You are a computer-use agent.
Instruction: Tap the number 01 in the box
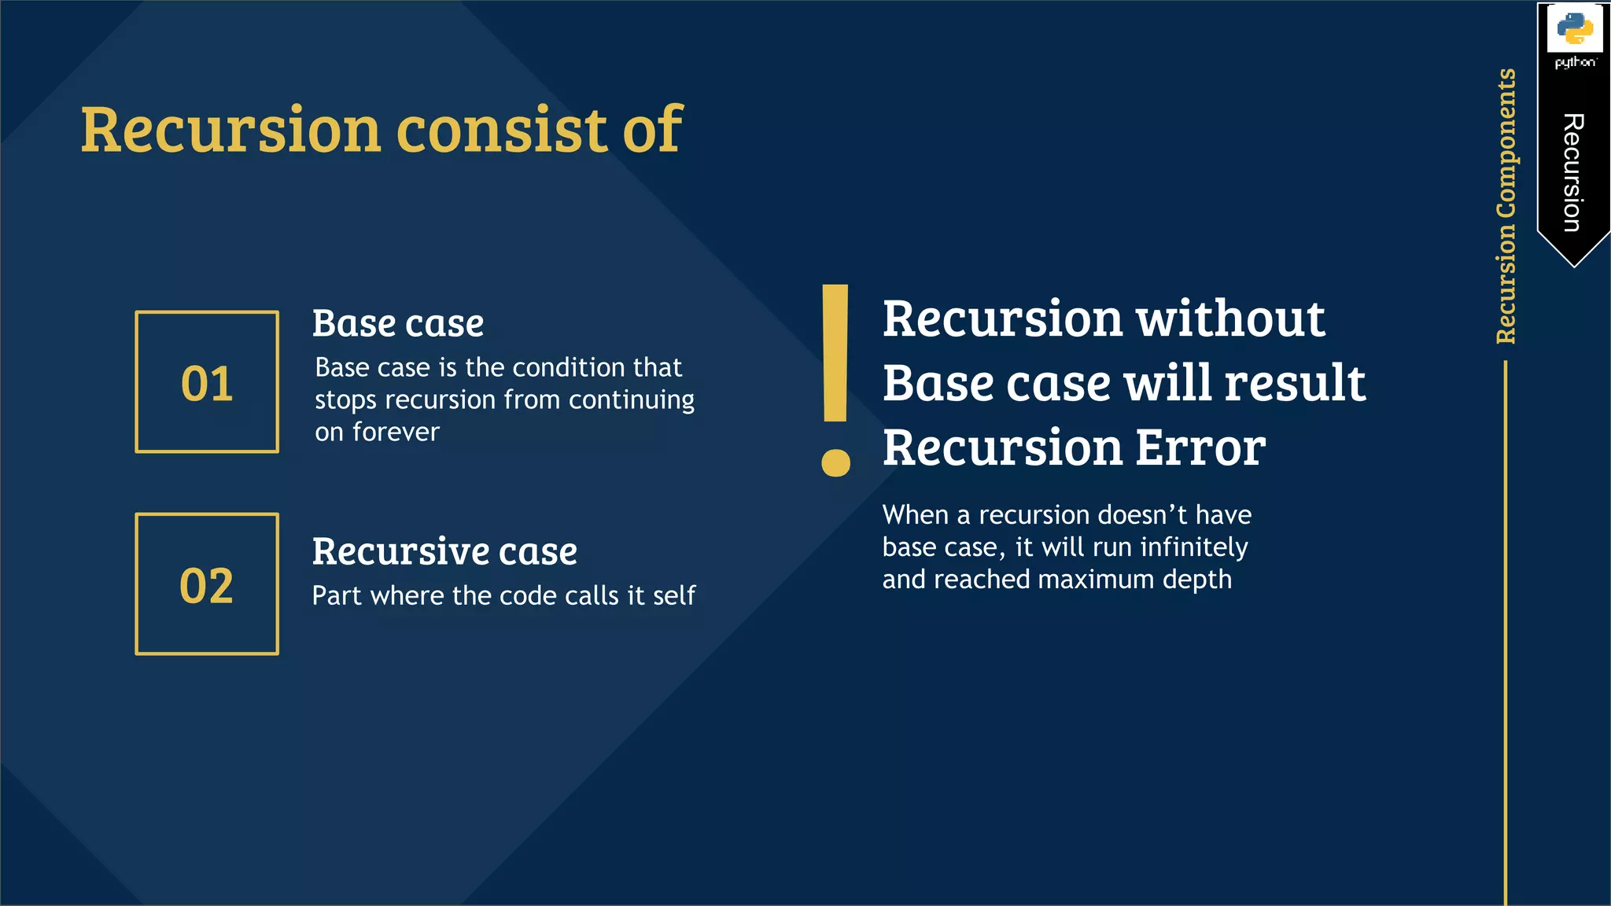(207, 384)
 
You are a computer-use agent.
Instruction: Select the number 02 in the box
(207, 586)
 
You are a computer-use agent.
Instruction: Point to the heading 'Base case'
(398, 323)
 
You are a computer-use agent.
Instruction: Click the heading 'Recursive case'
(444, 551)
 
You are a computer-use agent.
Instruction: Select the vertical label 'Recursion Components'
(1506, 206)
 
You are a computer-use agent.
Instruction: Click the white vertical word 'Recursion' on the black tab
(1573, 173)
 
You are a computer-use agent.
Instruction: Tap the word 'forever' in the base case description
(396, 432)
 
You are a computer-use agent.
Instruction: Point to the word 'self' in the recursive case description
(674, 595)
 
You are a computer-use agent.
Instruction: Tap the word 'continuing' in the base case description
(632, 400)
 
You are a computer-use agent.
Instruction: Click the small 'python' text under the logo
(1575, 62)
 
